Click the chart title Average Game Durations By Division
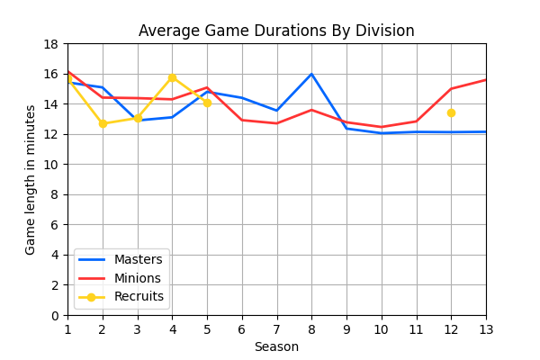point(276,31)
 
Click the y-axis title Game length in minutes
point(31,179)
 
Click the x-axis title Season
point(276,346)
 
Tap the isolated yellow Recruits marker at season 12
point(451,112)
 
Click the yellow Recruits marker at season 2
point(103,123)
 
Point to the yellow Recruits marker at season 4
point(172,77)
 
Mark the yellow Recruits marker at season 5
point(207,103)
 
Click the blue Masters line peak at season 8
point(311,74)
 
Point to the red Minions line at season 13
point(485,80)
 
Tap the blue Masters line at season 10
point(382,133)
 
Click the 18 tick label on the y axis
point(51,44)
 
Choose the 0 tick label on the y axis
point(55,315)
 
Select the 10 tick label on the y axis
point(51,165)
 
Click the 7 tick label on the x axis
point(276,329)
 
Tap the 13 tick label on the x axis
point(486,329)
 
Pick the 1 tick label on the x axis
point(67,329)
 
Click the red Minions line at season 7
point(277,123)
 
